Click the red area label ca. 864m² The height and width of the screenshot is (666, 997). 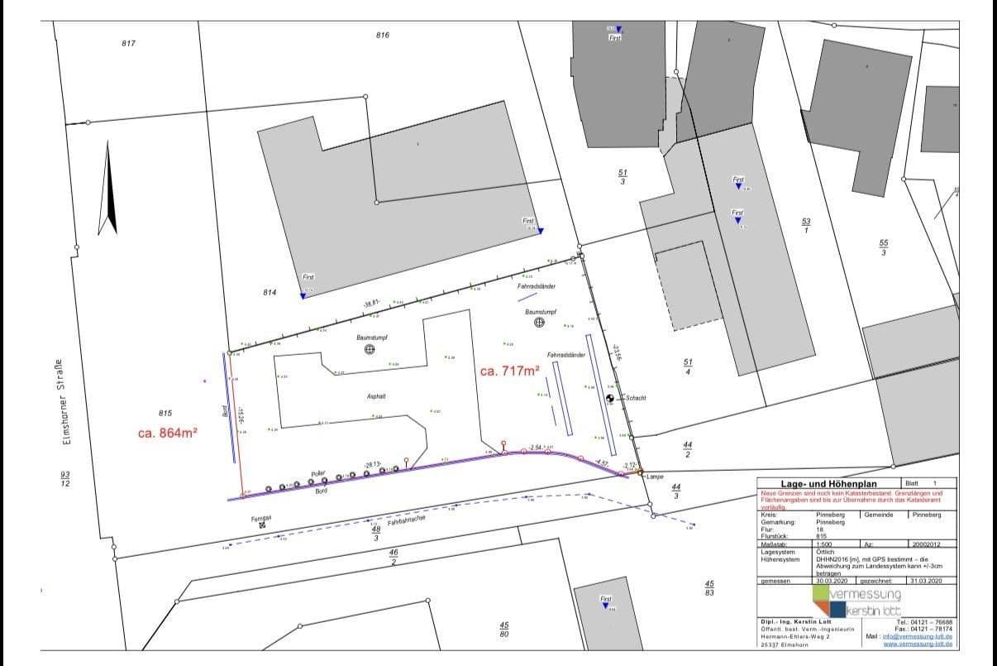point(167,432)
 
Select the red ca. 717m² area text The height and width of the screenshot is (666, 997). point(510,371)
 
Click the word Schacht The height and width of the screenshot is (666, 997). point(636,398)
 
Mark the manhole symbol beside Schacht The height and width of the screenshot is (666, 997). point(611,399)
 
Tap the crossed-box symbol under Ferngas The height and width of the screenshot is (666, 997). point(263,525)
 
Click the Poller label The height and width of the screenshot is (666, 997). point(318,472)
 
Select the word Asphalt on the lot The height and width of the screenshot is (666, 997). point(377,396)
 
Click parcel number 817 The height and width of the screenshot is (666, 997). point(128,43)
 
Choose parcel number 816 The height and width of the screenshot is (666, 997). point(382,35)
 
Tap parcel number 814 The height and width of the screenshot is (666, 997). point(269,293)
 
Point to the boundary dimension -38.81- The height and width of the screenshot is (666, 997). point(370,304)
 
